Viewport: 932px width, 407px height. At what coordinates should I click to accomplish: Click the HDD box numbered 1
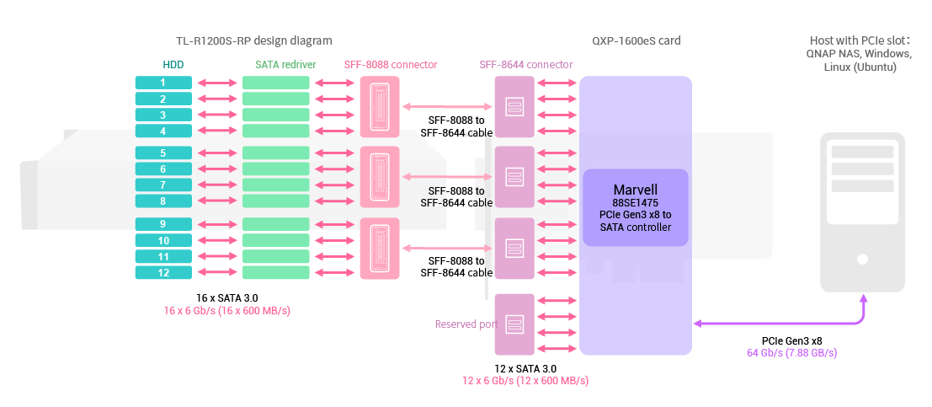(x=163, y=83)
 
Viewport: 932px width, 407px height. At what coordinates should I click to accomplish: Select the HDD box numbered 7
(x=163, y=185)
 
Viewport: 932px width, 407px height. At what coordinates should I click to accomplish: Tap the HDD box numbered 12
(x=163, y=272)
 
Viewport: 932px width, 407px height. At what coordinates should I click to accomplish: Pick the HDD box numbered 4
(x=163, y=131)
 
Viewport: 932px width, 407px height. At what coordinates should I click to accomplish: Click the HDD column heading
(x=173, y=64)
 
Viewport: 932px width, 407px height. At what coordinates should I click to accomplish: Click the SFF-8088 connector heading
(x=391, y=64)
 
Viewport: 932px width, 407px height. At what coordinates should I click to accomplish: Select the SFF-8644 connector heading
(x=526, y=64)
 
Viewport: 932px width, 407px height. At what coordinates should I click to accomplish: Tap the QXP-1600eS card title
(x=636, y=40)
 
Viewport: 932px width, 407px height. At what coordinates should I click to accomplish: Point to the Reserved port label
(x=466, y=324)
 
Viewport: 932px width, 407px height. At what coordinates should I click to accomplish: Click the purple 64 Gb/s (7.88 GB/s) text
(x=791, y=353)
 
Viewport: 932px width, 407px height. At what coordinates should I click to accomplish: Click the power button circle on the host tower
(x=863, y=261)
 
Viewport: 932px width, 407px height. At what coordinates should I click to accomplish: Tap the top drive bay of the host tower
(x=863, y=153)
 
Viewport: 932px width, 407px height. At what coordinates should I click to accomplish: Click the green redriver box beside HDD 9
(x=276, y=224)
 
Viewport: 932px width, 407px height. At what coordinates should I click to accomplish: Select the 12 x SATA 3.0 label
(x=525, y=369)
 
